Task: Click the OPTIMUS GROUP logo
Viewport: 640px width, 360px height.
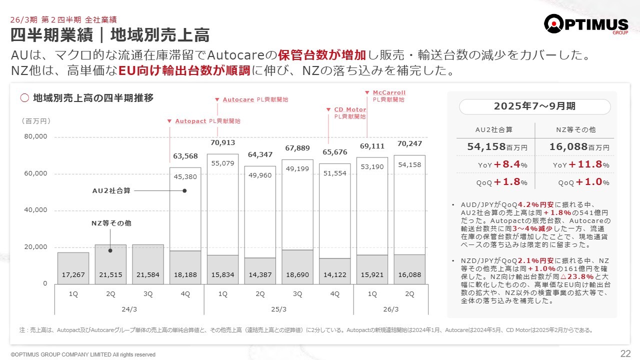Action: [x=586, y=24]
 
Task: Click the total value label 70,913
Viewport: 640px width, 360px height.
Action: [x=222, y=143]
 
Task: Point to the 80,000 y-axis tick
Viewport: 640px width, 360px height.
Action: [x=35, y=136]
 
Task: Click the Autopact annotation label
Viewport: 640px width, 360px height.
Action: [x=190, y=121]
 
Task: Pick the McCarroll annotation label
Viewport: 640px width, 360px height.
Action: [x=389, y=92]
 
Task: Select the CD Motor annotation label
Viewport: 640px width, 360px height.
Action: [x=350, y=109]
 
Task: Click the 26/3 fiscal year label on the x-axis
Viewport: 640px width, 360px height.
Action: [x=390, y=309]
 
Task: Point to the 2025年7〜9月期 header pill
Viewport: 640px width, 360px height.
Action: [x=534, y=106]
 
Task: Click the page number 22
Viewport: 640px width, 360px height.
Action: [x=625, y=354]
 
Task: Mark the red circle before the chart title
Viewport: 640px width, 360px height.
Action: [x=24, y=98]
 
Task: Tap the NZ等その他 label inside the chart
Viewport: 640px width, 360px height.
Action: [x=111, y=223]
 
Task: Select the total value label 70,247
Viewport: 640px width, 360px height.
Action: [x=409, y=143]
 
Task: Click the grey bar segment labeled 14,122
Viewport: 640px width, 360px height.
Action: [x=334, y=271]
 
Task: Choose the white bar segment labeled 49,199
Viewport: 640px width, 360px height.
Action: [x=297, y=205]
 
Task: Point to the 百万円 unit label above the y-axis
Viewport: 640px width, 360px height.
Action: [x=35, y=121]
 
